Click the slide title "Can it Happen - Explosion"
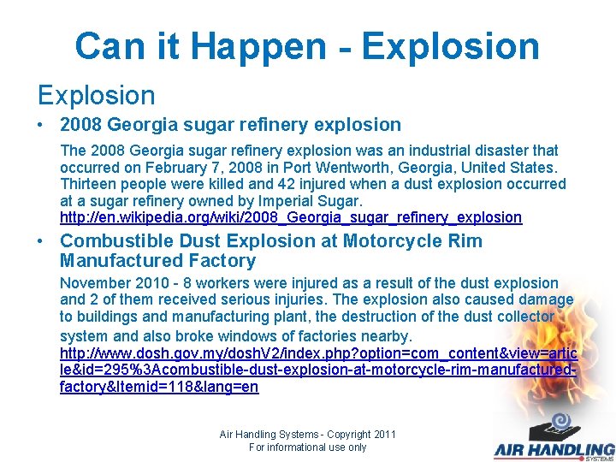(x=307, y=46)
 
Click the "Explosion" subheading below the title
(x=95, y=95)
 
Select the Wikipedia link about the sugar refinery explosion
(x=291, y=217)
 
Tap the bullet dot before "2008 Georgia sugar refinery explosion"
(x=41, y=125)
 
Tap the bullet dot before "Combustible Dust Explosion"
(x=41, y=242)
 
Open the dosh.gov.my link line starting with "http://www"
(x=317, y=353)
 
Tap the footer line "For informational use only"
(x=307, y=447)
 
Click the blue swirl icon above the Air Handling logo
(x=561, y=422)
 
